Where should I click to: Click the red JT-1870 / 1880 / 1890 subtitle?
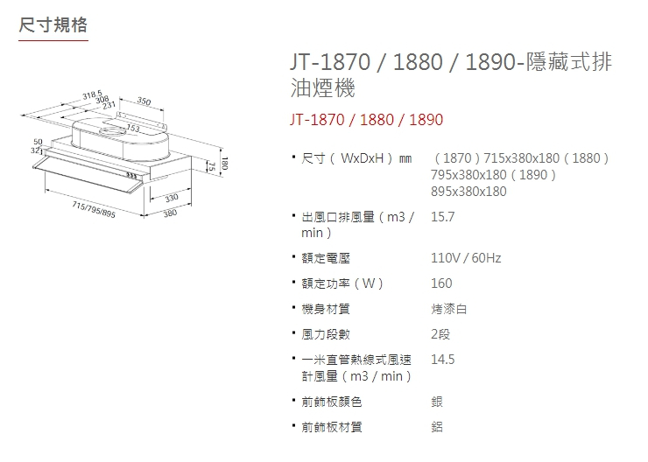(366, 120)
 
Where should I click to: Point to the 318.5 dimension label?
(93, 94)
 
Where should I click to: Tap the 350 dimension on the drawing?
(144, 103)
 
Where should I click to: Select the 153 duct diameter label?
(133, 129)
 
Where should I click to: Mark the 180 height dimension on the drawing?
(226, 164)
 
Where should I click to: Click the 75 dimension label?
(212, 166)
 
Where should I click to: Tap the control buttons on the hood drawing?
(131, 178)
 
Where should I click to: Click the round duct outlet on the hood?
(113, 132)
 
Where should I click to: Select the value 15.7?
(443, 216)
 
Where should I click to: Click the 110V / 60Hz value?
(466, 258)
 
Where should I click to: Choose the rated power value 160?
(441, 283)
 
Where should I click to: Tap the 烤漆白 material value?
(449, 309)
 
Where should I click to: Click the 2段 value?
(440, 334)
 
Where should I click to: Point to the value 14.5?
(443, 360)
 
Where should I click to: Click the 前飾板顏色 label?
(331, 402)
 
